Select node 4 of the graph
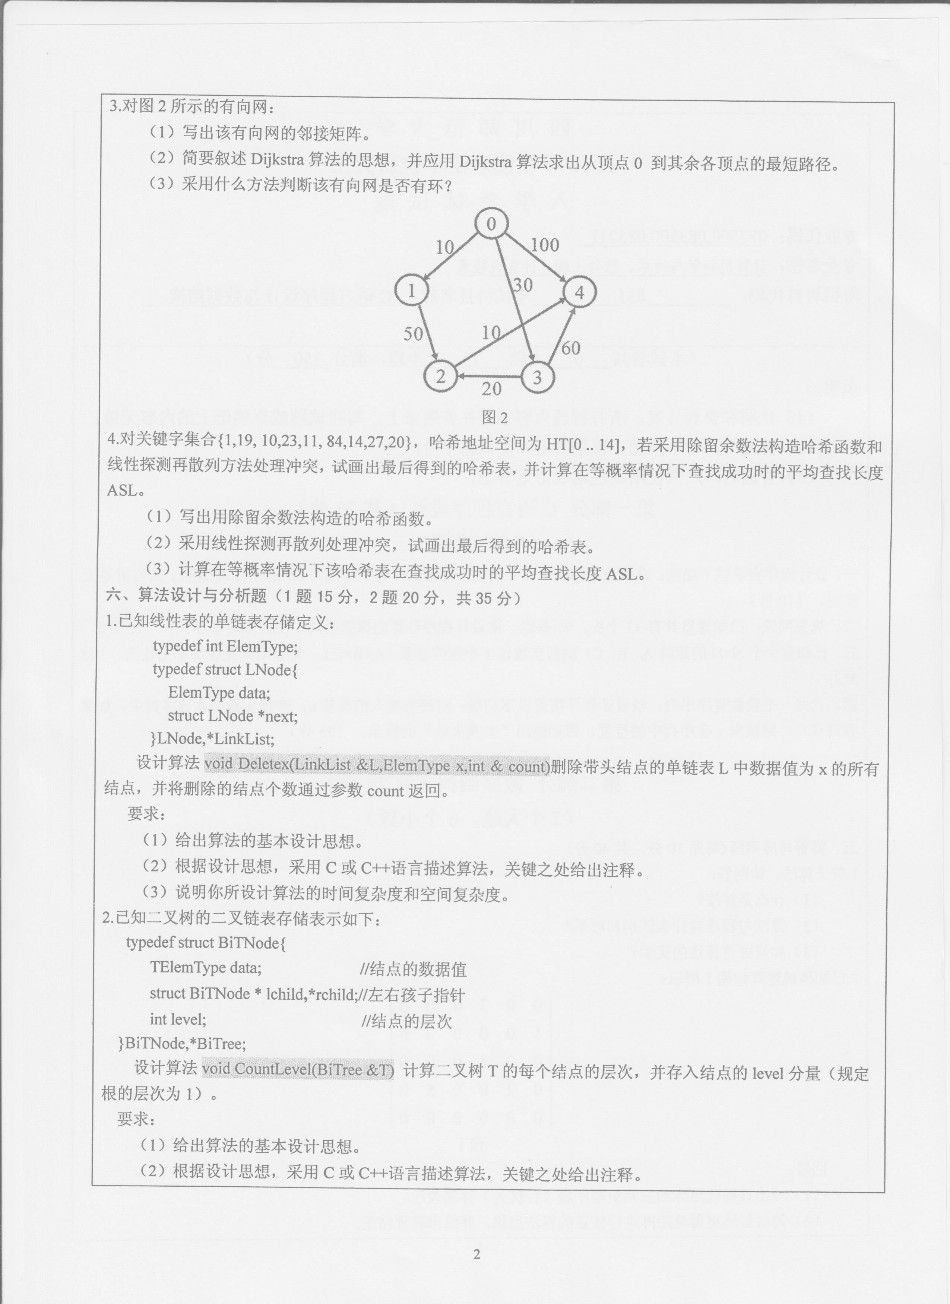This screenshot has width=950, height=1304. (x=579, y=293)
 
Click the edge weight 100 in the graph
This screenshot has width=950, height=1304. (x=544, y=245)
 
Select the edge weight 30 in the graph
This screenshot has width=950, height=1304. (x=522, y=285)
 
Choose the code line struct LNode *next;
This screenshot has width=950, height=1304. (x=232, y=716)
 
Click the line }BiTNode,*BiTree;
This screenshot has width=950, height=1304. (x=182, y=1043)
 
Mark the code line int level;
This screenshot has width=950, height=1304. (x=178, y=1019)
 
